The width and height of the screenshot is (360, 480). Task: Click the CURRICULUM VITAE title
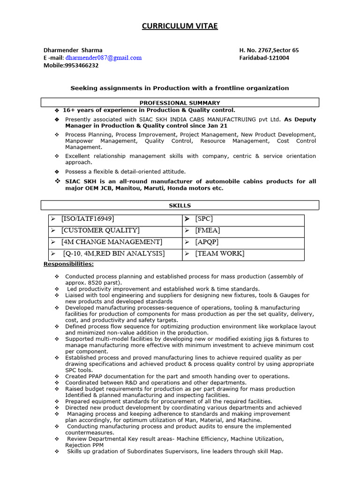click(180, 26)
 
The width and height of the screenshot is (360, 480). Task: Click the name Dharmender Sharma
click(73, 50)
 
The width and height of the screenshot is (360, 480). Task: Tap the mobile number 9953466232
click(82, 66)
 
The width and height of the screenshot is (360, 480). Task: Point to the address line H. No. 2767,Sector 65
click(269, 50)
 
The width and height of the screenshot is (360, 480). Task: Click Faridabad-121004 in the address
click(264, 58)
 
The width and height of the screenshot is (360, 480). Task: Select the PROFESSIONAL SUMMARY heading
click(180, 103)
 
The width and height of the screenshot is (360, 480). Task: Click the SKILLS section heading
click(180, 205)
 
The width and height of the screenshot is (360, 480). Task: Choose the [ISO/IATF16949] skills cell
click(88, 219)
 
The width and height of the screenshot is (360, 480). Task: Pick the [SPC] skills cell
click(204, 219)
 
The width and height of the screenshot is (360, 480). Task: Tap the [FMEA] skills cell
click(207, 231)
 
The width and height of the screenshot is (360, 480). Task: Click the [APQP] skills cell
click(207, 242)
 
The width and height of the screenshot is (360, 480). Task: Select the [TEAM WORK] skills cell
click(219, 254)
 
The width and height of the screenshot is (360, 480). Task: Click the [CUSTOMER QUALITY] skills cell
click(100, 231)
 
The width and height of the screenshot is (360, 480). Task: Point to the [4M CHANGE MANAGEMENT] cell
click(112, 242)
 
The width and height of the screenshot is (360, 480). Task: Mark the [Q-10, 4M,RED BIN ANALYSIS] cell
click(114, 254)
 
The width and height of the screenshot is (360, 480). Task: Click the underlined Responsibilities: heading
click(68, 264)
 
